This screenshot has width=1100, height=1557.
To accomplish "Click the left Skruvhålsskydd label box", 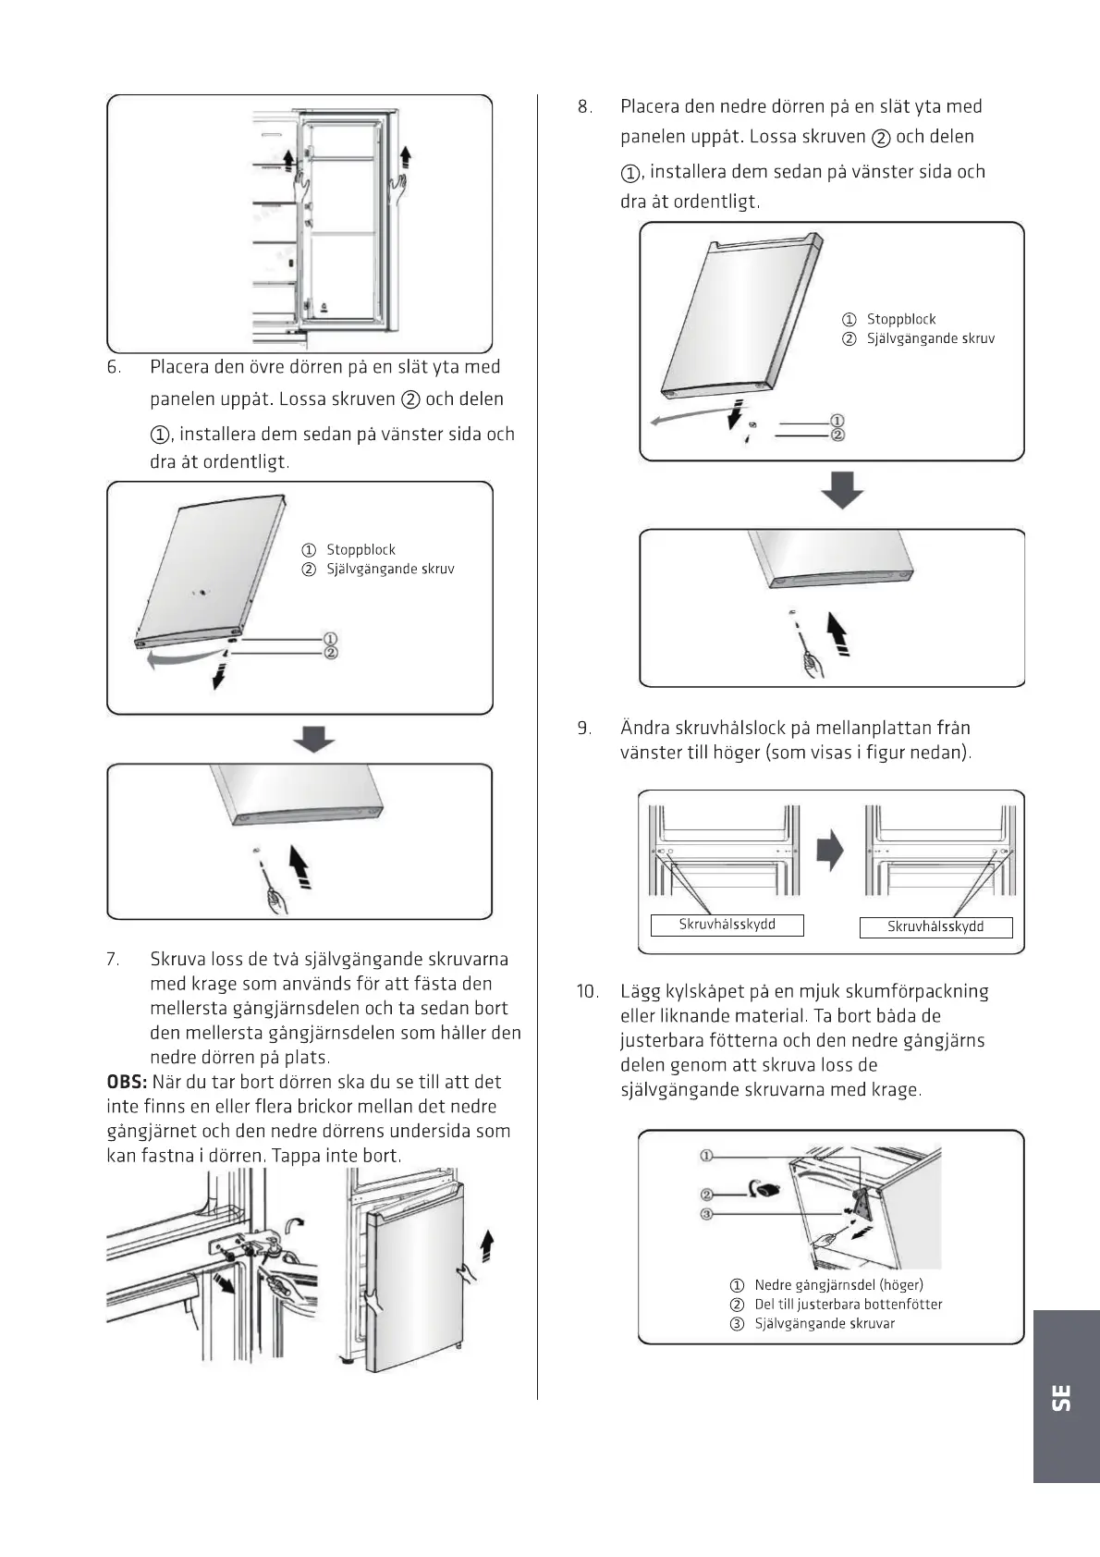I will (x=727, y=925).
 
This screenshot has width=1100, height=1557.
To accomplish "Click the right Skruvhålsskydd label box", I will (x=935, y=926).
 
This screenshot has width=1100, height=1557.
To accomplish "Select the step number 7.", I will (x=113, y=959).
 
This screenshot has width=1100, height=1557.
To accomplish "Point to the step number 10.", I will (x=588, y=991).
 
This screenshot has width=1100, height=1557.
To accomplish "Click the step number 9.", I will (x=584, y=728).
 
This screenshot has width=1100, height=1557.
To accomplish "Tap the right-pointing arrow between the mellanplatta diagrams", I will (x=831, y=850).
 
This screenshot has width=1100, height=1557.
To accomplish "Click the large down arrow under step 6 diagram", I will (x=314, y=739).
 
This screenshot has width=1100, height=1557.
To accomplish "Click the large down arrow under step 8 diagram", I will (x=842, y=489).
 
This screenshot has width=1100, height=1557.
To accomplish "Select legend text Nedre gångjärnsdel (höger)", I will (x=838, y=1284).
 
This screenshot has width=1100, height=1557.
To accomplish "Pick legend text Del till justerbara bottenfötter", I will (x=848, y=1304).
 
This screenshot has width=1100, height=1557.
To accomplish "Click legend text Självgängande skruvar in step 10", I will (x=825, y=1323).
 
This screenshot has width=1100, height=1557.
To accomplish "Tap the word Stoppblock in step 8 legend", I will (x=901, y=319).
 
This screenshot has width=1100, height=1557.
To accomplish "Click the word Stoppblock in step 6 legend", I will (x=361, y=549).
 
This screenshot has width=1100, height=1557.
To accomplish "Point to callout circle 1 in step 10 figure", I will (x=705, y=1156).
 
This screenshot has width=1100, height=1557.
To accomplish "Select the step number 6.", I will (x=114, y=367).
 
